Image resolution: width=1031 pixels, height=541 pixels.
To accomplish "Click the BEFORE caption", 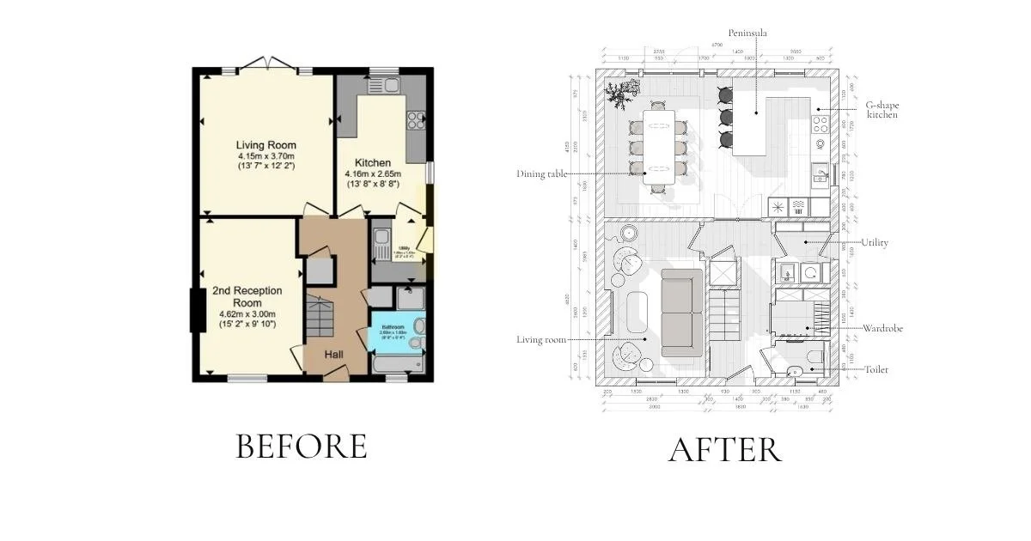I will tap(302, 447).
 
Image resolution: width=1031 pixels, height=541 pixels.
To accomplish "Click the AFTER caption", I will tap(725, 450).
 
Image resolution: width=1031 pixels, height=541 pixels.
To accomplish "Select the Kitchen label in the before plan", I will tap(373, 162).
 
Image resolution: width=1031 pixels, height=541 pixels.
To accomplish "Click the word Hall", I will tap(337, 354).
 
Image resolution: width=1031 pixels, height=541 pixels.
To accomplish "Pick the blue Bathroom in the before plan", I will tap(397, 337).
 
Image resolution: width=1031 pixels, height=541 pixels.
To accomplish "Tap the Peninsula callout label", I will tap(747, 33).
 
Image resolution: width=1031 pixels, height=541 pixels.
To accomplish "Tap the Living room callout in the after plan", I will tap(542, 340).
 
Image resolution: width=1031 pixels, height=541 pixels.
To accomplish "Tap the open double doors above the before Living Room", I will tap(267, 64).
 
